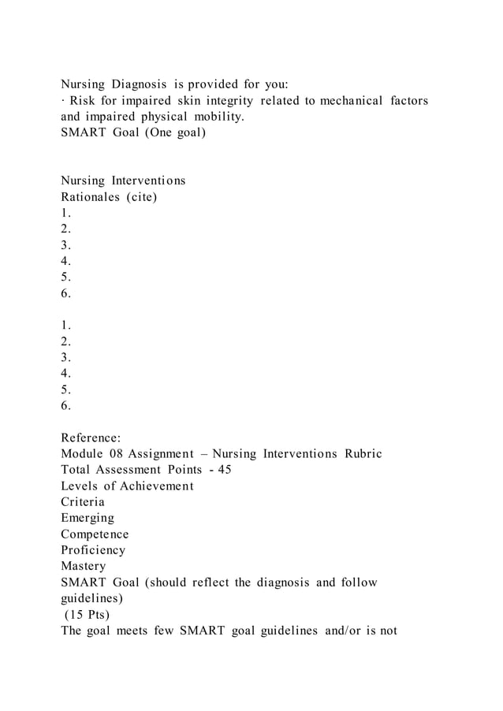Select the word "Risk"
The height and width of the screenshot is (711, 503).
coord(84,101)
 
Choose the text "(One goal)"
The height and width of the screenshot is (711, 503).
coord(172,132)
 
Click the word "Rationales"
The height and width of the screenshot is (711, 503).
coord(91,197)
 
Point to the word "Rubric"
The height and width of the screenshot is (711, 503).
coord(362,454)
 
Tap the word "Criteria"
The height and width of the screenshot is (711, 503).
coord(83,502)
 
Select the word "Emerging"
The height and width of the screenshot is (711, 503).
coord(88,519)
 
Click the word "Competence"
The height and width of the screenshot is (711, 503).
coord(95,534)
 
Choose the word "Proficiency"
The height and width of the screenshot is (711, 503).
coord(93,550)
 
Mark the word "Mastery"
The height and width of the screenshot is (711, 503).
coord(84,566)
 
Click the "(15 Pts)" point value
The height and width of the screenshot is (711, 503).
coord(90,615)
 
